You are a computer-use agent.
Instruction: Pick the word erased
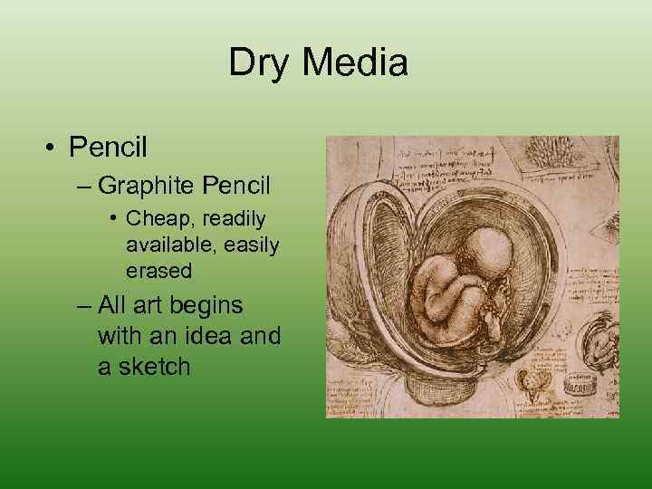pos(158,271)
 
